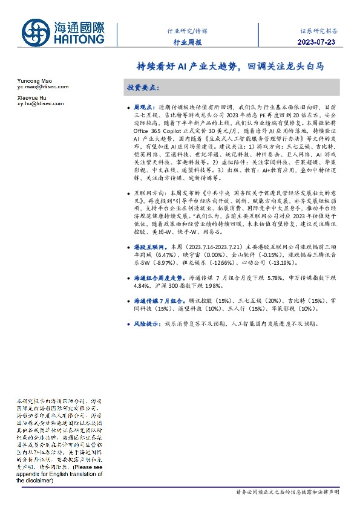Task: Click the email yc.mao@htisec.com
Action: pyautogui.click(x=42, y=88)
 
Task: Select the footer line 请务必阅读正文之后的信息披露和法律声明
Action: pyautogui.click(x=286, y=493)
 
